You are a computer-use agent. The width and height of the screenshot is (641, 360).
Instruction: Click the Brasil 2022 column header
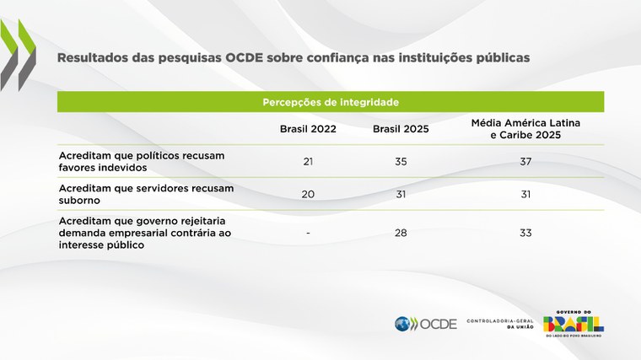pos(308,129)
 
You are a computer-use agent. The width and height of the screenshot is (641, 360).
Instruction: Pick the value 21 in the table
pos(308,160)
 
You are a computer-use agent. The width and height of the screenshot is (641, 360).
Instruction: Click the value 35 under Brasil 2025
pos(401,160)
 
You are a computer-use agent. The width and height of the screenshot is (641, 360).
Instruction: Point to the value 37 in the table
pos(525,160)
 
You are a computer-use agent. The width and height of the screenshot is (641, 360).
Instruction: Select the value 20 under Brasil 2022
pos(308,194)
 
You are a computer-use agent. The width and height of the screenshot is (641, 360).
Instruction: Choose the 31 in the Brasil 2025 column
pos(401,194)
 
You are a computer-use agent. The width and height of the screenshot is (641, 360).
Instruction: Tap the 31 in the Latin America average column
pos(525,194)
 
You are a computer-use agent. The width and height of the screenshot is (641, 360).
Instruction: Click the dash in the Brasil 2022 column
pos(308,232)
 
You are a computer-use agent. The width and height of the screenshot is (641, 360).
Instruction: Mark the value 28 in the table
pos(401,232)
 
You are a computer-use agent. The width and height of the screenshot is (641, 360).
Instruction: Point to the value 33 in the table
pos(525,232)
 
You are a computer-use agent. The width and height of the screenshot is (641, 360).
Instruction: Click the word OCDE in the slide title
pos(247,59)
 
